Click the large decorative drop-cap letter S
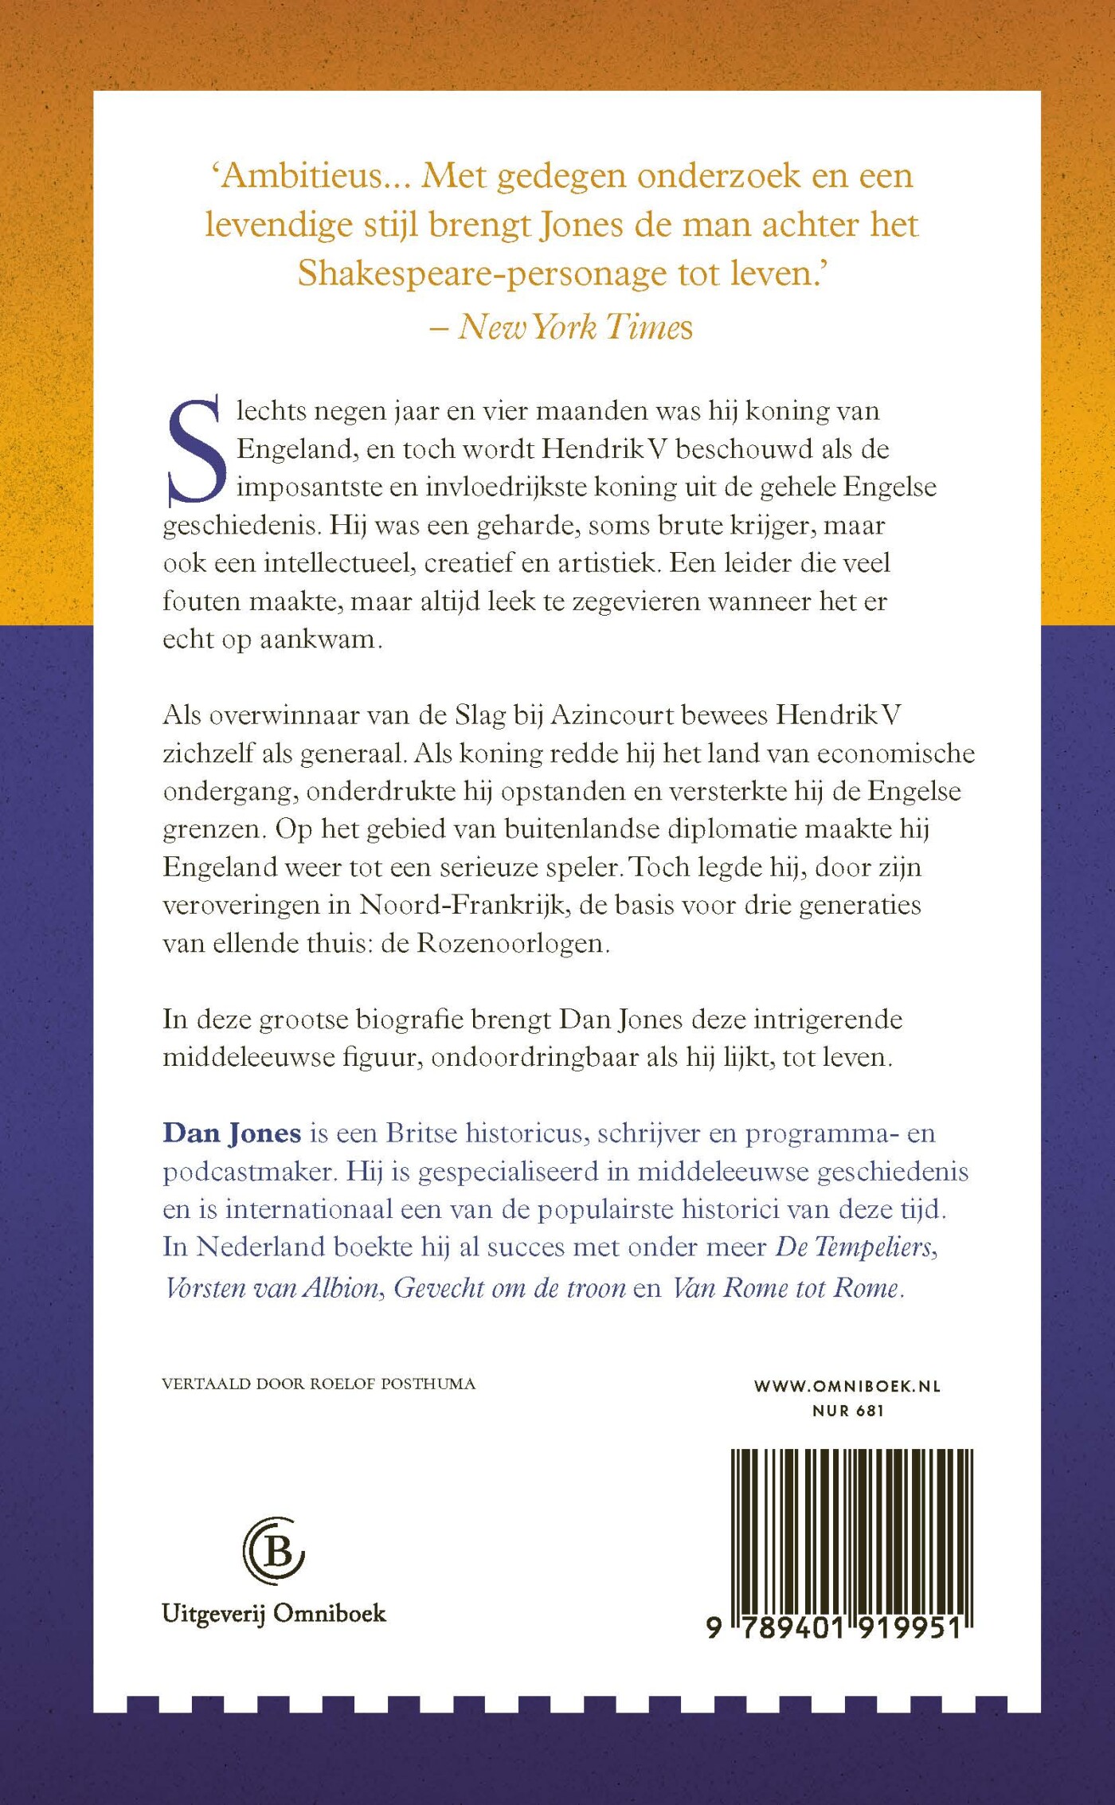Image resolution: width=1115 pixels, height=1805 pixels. [x=194, y=452]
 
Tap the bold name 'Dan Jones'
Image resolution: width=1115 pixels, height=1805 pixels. [x=232, y=1133]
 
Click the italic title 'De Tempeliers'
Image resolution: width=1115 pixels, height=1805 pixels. [x=855, y=1247]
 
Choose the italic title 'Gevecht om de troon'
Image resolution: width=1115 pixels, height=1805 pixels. [x=510, y=1288]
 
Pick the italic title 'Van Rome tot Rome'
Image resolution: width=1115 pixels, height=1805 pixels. [x=786, y=1288]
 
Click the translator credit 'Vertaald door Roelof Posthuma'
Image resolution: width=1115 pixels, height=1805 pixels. [x=319, y=1384]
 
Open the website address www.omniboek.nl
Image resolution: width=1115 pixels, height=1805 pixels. [x=847, y=1386]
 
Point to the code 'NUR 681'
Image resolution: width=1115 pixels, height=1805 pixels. [x=848, y=1411]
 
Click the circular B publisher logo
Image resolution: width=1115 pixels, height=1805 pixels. [x=274, y=1550]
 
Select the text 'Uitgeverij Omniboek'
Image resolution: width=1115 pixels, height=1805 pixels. [x=273, y=1613]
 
